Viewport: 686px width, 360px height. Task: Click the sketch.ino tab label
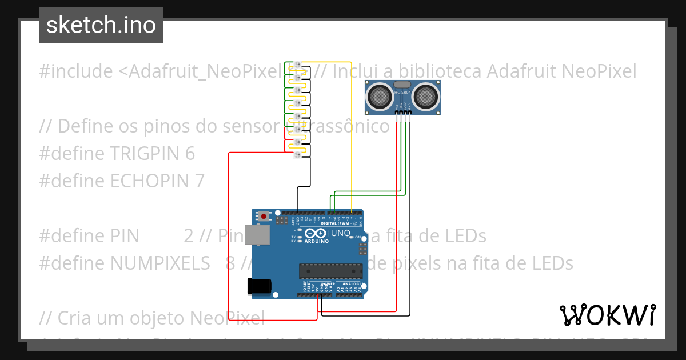[101, 25]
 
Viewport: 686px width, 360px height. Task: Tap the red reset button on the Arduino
[263, 216]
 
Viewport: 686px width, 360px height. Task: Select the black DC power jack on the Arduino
[258, 286]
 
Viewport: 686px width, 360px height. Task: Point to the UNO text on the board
[341, 234]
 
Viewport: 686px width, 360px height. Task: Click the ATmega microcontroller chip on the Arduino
[330, 271]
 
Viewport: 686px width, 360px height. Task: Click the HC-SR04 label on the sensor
[402, 91]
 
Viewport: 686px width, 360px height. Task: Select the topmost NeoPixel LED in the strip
[297, 63]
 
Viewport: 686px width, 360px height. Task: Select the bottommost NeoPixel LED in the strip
[297, 155]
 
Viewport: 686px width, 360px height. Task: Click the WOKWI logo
[607, 315]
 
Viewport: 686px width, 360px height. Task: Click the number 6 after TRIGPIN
[190, 154]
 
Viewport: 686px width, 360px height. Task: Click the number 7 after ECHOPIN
[199, 181]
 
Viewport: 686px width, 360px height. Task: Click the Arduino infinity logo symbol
[316, 233]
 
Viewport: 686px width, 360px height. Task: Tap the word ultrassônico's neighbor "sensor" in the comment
[250, 126]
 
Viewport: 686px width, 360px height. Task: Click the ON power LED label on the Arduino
[358, 237]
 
